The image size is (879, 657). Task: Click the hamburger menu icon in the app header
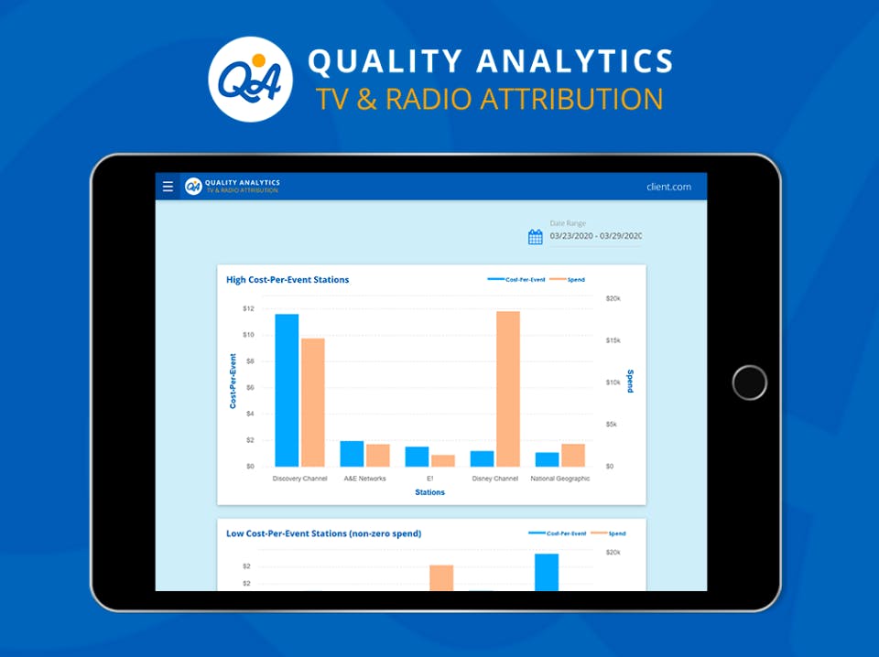coord(168,187)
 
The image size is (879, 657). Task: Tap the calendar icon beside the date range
coord(536,237)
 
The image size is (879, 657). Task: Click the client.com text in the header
coord(668,187)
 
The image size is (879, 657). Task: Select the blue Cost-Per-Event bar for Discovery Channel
coord(287,390)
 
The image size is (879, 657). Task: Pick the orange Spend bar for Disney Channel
coord(508,389)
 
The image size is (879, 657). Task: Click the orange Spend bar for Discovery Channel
coord(313,402)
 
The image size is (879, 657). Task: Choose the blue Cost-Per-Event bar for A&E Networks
coord(352,454)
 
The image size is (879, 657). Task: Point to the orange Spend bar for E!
coord(443,460)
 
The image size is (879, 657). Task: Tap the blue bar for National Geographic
coord(548,459)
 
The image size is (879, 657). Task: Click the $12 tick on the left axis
coord(248,308)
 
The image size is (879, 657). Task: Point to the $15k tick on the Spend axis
coord(613,340)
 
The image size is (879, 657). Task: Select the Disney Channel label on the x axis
coord(495,479)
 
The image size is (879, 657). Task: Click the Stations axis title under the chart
coord(429,492)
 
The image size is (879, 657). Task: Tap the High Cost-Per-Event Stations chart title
coord(288,280)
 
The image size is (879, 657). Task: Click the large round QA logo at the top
coord(251,79)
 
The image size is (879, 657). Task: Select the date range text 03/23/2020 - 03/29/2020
coord(596,237)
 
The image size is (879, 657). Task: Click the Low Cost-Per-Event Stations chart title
coord(324,533)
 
